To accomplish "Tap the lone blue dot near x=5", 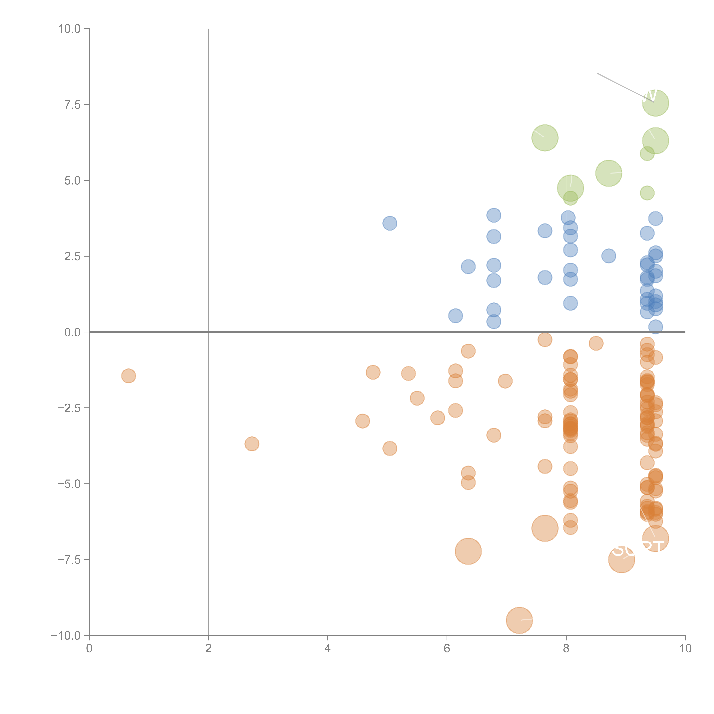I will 390,223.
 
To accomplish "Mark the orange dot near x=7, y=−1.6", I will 505,381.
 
